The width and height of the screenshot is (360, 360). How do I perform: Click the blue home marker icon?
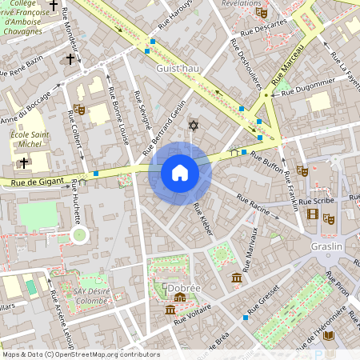pyautogui.click(x=180, y=173)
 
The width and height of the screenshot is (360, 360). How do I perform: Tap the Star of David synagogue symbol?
pyautogui.click(x=192, y=125)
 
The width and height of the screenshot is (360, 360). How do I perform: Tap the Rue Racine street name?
pyautogui.click(x=253, y=202)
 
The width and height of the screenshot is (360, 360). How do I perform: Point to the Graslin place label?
pyautogui.click(x=326, y=246)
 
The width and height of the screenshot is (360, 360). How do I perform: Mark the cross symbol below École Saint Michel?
pyautogui.click(x=24, y=163)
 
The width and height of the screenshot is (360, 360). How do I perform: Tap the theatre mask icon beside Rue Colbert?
pyautogui.click(x=78, y=108)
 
